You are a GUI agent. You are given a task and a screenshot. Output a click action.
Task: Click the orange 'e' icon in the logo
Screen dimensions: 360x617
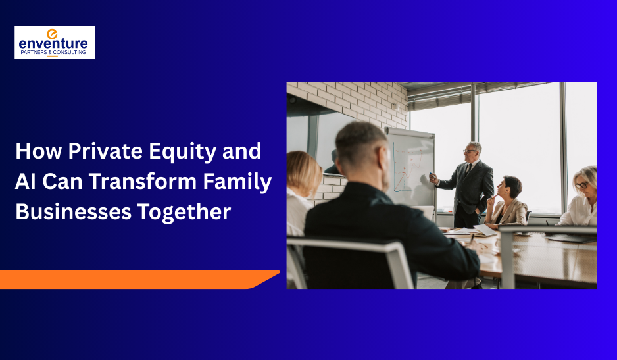point(53,34)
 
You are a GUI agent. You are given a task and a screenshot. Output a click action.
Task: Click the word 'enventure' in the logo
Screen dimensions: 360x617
point(55,43)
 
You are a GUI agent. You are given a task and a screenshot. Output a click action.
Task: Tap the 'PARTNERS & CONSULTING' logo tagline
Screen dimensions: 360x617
point(55,52)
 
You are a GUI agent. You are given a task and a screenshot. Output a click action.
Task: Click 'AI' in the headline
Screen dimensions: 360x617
point(26,182)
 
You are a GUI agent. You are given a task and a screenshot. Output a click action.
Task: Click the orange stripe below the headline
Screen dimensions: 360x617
point(132,279)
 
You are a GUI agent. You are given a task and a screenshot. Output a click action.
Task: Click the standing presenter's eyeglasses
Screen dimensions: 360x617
point(470,151)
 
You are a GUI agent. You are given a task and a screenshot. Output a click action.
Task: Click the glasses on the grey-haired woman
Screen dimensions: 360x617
point(583,185)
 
